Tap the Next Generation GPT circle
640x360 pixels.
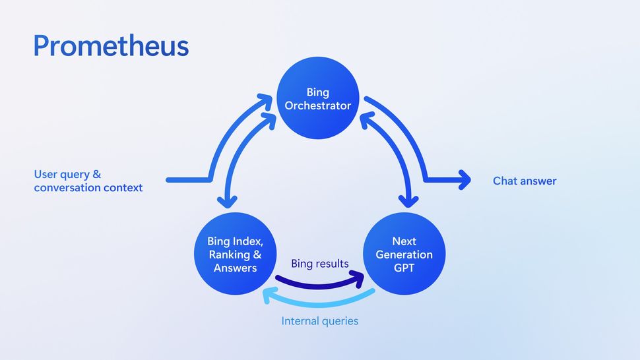(404, 254)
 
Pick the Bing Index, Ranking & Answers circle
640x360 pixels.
(235, 254)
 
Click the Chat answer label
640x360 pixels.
(525, 181)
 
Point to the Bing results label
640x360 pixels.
(320, 264)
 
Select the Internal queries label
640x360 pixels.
(319, 321)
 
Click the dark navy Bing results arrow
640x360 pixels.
(317, 284)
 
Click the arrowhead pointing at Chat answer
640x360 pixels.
(464, 179)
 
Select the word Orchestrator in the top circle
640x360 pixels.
(318, 105)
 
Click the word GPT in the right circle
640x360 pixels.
(404, 267)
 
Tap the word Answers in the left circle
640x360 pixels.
(235, 268)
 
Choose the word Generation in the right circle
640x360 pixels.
(404, 255)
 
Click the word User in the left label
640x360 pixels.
(46, 175)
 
